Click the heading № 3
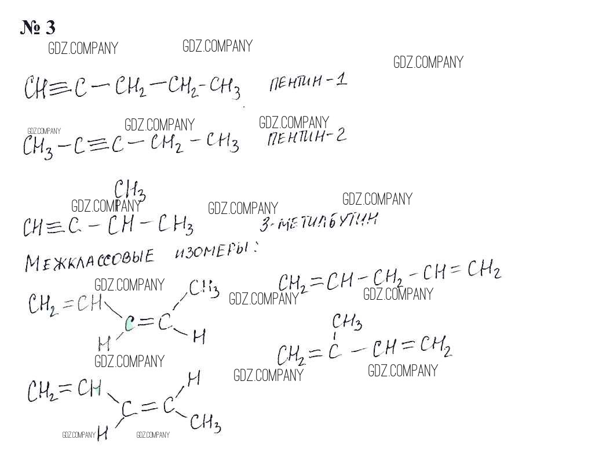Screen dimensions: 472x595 [38, 27]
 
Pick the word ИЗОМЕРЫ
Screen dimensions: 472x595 [214, 252]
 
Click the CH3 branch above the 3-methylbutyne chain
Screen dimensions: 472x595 [129, 189]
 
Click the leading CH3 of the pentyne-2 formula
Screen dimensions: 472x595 [38, 147]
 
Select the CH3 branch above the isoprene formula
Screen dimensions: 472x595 [347, 321]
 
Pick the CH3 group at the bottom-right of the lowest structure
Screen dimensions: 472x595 [205, 423]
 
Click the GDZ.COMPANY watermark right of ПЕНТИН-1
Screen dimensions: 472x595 [428, 63]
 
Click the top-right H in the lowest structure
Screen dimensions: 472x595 [194, 379]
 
